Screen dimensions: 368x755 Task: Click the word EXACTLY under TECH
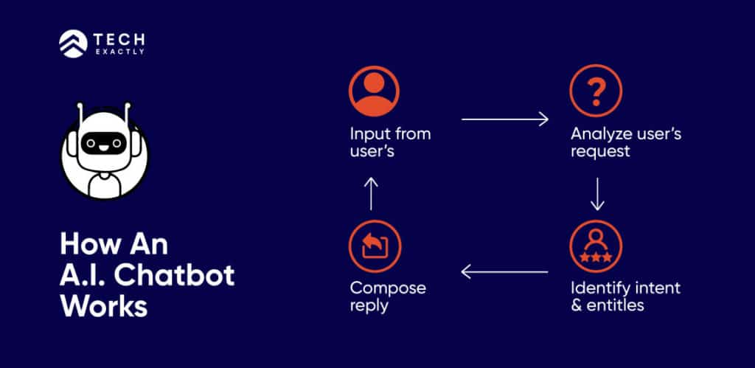click(x=119, y=52)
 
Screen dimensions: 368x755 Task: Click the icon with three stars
click(x=596, y=246)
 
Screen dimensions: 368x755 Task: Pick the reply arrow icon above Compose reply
click(x=375, y=246)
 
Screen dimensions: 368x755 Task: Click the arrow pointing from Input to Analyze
click(x=505, y=119)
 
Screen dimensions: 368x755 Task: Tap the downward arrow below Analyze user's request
click(x=597, y=194)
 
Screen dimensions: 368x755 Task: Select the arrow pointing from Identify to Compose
click(x=505, y=272)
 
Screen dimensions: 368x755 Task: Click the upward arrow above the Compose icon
click(x=373, y=193)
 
